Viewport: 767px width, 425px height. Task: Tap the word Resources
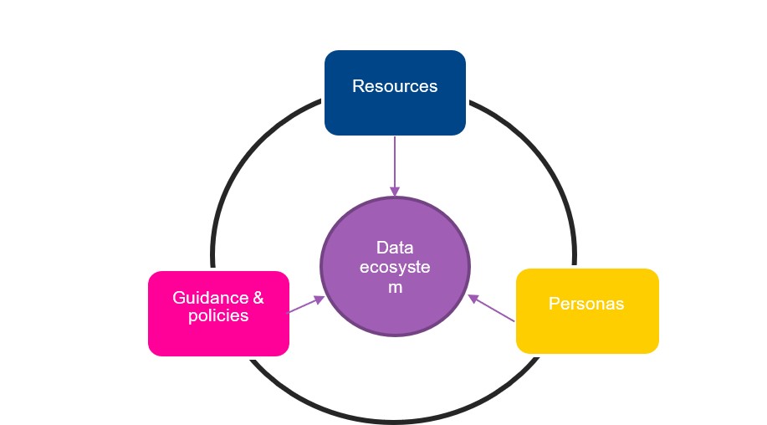point(395,86)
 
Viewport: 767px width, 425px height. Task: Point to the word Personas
point(586,304)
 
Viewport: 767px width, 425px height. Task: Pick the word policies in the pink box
point(218,315)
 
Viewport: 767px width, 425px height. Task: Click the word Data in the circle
point(395,248)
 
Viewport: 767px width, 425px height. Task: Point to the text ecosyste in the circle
point(395,267)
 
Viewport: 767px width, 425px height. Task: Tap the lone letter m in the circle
point(395,286)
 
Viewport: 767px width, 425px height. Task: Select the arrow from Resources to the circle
point(395,163)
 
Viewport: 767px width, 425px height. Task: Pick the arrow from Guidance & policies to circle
point(306,305)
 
